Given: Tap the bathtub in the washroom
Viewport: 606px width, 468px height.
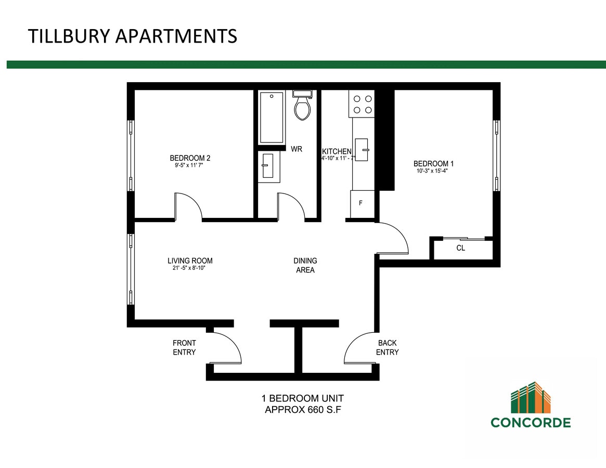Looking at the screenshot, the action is (x=272, y=118).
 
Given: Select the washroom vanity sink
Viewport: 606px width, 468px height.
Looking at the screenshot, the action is (x=268, y=166).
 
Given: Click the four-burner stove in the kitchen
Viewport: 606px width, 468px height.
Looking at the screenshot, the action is (x=362, y=105).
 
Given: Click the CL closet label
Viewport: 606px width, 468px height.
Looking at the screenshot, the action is (x=461, y=248).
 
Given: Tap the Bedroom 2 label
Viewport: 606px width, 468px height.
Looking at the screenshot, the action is (x=190, y=158).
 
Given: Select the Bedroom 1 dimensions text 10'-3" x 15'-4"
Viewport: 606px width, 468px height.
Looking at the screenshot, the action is (x=432, y=171).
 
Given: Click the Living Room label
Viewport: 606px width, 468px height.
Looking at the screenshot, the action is (x=190, y=261).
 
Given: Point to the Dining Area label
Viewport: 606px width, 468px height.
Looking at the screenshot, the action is (x=305, y=266).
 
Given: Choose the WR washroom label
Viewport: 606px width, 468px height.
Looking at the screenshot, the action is (x=296, y=149).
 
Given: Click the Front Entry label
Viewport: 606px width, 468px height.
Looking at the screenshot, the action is (x=184, y=347).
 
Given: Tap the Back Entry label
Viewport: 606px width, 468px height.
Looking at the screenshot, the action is (x=387, y=347).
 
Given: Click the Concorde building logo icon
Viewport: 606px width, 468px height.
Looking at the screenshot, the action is (x=531, y=397).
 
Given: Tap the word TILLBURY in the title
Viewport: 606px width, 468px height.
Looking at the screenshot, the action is (x=69, y=36).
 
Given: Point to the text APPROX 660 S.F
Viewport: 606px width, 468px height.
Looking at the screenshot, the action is (x=303, y=410).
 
